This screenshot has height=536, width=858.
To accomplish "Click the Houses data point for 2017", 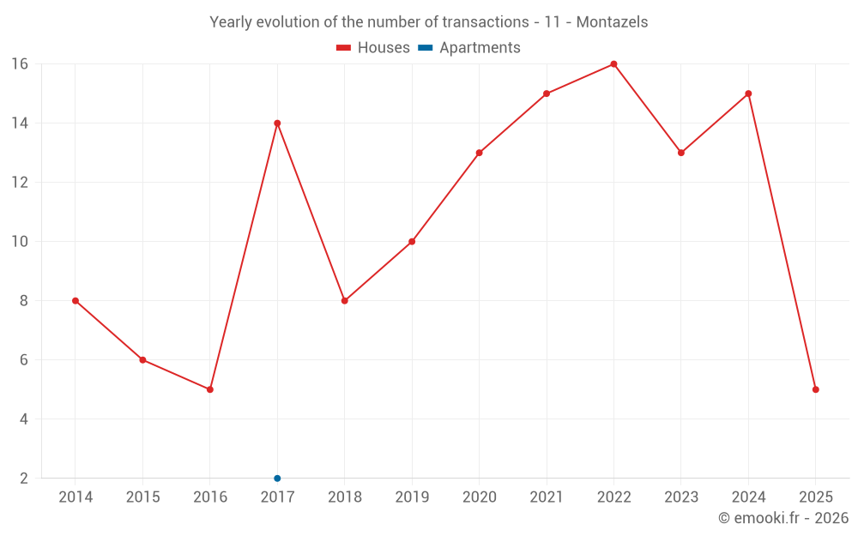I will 277,123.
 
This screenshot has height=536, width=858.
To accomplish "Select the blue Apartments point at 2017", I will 277,478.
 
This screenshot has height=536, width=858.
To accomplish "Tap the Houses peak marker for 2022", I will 613,63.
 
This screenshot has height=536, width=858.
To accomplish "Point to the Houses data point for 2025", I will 815,389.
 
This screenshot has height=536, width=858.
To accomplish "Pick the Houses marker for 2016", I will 210,389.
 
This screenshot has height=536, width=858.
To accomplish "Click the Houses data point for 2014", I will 76,300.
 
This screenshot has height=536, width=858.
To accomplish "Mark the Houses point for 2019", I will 412,241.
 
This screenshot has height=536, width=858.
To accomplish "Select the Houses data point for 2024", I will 748,93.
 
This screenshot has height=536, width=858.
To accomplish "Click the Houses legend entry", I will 373,48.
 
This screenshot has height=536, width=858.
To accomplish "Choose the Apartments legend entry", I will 469,48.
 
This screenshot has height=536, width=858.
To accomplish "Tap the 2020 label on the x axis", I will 479,497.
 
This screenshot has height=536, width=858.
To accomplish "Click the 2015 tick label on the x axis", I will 142,497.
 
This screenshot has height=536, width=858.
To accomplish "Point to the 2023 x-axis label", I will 680,497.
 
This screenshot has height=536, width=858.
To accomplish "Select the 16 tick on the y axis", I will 20,64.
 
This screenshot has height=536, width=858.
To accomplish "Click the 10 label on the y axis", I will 20,242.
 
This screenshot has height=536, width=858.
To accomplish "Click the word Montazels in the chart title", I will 612,21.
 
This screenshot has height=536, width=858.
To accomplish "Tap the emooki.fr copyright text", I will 783,518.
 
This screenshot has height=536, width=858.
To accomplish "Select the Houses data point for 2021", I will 547,93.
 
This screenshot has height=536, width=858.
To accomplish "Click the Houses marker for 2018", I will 344,300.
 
